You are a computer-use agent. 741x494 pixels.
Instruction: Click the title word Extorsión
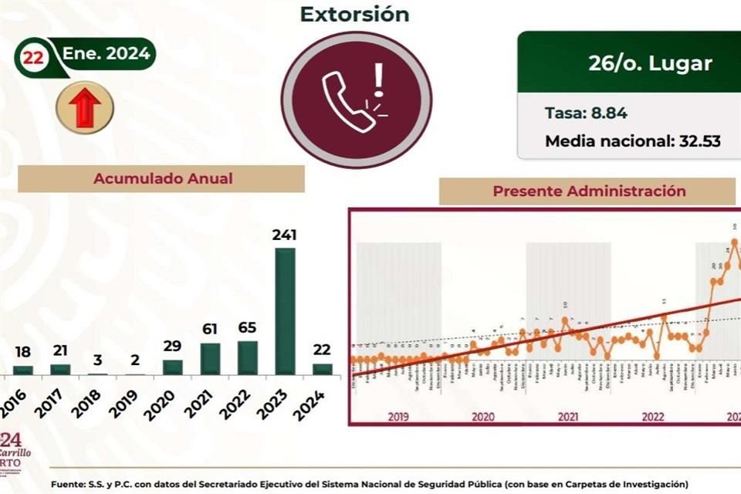click(354, 14)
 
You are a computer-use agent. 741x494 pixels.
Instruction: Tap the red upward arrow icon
click(85, 107)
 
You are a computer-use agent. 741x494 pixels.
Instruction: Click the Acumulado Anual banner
click(162, 178)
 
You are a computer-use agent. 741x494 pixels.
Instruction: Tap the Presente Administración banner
click(589, 191)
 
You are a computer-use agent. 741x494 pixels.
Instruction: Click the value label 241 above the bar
click(285, 235)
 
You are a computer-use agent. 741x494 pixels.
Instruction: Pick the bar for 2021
click(210, 359)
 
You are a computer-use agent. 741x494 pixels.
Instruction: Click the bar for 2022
click(248, 357)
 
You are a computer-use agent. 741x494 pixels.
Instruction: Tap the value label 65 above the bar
click(248, 328)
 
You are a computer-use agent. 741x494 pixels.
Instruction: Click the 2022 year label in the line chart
click(653, 417)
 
